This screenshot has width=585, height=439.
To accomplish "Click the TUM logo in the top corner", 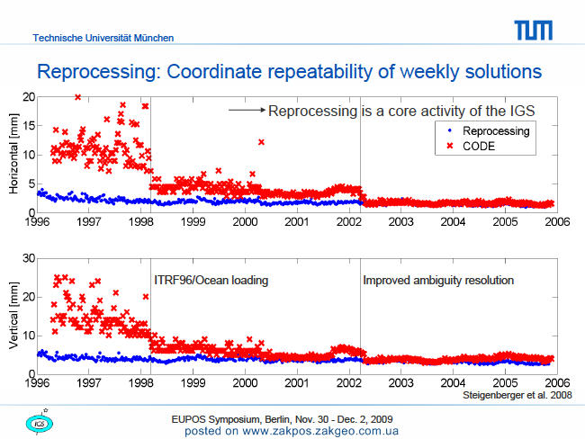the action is click(x=533, y=31).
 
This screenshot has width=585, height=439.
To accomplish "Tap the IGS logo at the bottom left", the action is click(x=40, y=423).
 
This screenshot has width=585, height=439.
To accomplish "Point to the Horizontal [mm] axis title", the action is click(x=13, y=154).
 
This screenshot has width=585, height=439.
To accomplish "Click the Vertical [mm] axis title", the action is click(x=13, y=315).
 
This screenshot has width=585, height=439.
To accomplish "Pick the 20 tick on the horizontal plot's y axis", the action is click(x=29, y=97).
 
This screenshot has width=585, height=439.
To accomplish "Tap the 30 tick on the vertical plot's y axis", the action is click(x=29, y=258).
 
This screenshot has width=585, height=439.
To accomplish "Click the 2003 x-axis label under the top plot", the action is click(x=401, y=222).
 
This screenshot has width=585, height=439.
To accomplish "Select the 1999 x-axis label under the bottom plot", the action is click(x=193, y=383).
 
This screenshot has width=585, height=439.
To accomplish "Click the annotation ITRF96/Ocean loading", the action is click(x=211, y=280).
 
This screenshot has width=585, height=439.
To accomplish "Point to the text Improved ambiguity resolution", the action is click(x=438, y=280).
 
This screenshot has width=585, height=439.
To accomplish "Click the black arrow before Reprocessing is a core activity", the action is click(x=247, y=110).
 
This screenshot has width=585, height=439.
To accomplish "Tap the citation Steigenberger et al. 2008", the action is click(x=517, y=395).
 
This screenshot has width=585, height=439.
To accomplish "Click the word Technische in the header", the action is click(x=58, y=38).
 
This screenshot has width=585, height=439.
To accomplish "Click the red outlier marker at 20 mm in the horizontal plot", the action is click(x=77, y=97).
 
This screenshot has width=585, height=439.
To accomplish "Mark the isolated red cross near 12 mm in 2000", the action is click(x=261, y=142).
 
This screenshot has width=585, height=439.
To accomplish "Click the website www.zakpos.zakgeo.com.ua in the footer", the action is click(x=320, y=431).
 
